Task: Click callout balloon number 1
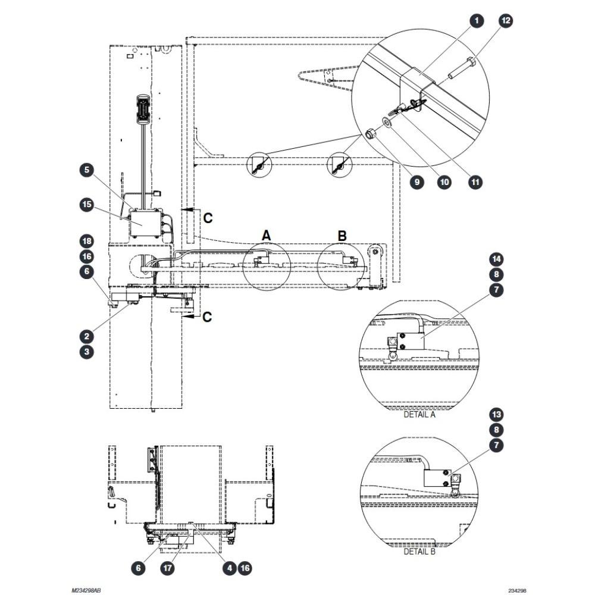[x=477, y=20]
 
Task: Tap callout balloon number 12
[x=506, y=20]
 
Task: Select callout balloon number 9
[x=417, y=182]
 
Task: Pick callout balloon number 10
[x=444, y=182]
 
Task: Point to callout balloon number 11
[x=475, y=182]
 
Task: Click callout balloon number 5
[x=87, y=170]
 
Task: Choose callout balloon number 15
[x=87, y=205]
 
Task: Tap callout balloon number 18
[x=87, y=241]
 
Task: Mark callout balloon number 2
[x=87, y=336]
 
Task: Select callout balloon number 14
[x=496, y=259]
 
